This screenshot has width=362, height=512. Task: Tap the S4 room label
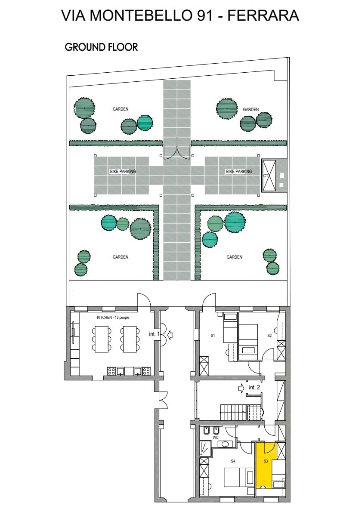(233, 461)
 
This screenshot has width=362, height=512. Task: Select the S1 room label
(213, 335)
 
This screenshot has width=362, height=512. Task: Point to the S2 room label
(269, 335)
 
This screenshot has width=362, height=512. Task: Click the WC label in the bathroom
(216, 437)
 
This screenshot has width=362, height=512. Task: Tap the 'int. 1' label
(154, 334)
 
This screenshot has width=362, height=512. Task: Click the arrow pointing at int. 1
(170, 334)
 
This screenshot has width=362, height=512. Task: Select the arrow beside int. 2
(242, 388)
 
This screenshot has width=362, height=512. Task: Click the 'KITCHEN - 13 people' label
(113, 318)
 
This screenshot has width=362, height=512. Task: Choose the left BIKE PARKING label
(123, 171)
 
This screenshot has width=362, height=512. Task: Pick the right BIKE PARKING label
(239, 171)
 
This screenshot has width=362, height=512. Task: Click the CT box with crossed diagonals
(269, 176)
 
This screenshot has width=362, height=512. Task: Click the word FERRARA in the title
(263, 15)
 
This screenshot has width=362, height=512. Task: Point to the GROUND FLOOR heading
(101, 47)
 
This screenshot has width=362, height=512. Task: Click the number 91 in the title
(205, 15)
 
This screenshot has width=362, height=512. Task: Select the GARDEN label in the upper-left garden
(121, 109)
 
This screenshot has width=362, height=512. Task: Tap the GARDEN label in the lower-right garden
(235, 257)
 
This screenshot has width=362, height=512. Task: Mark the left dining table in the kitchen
(102, 339)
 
